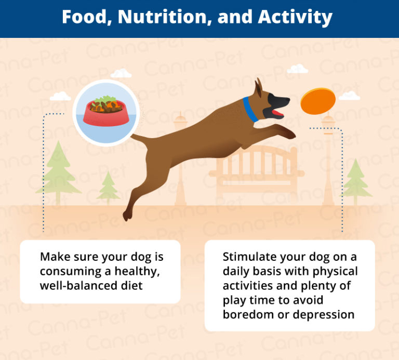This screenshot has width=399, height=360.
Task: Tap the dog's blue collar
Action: pos(250,109)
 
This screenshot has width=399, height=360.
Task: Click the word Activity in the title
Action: pos(295,18)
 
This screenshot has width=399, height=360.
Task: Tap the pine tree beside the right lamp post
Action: pos(355,179)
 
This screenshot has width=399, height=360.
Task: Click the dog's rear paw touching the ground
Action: pos(127,215)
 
